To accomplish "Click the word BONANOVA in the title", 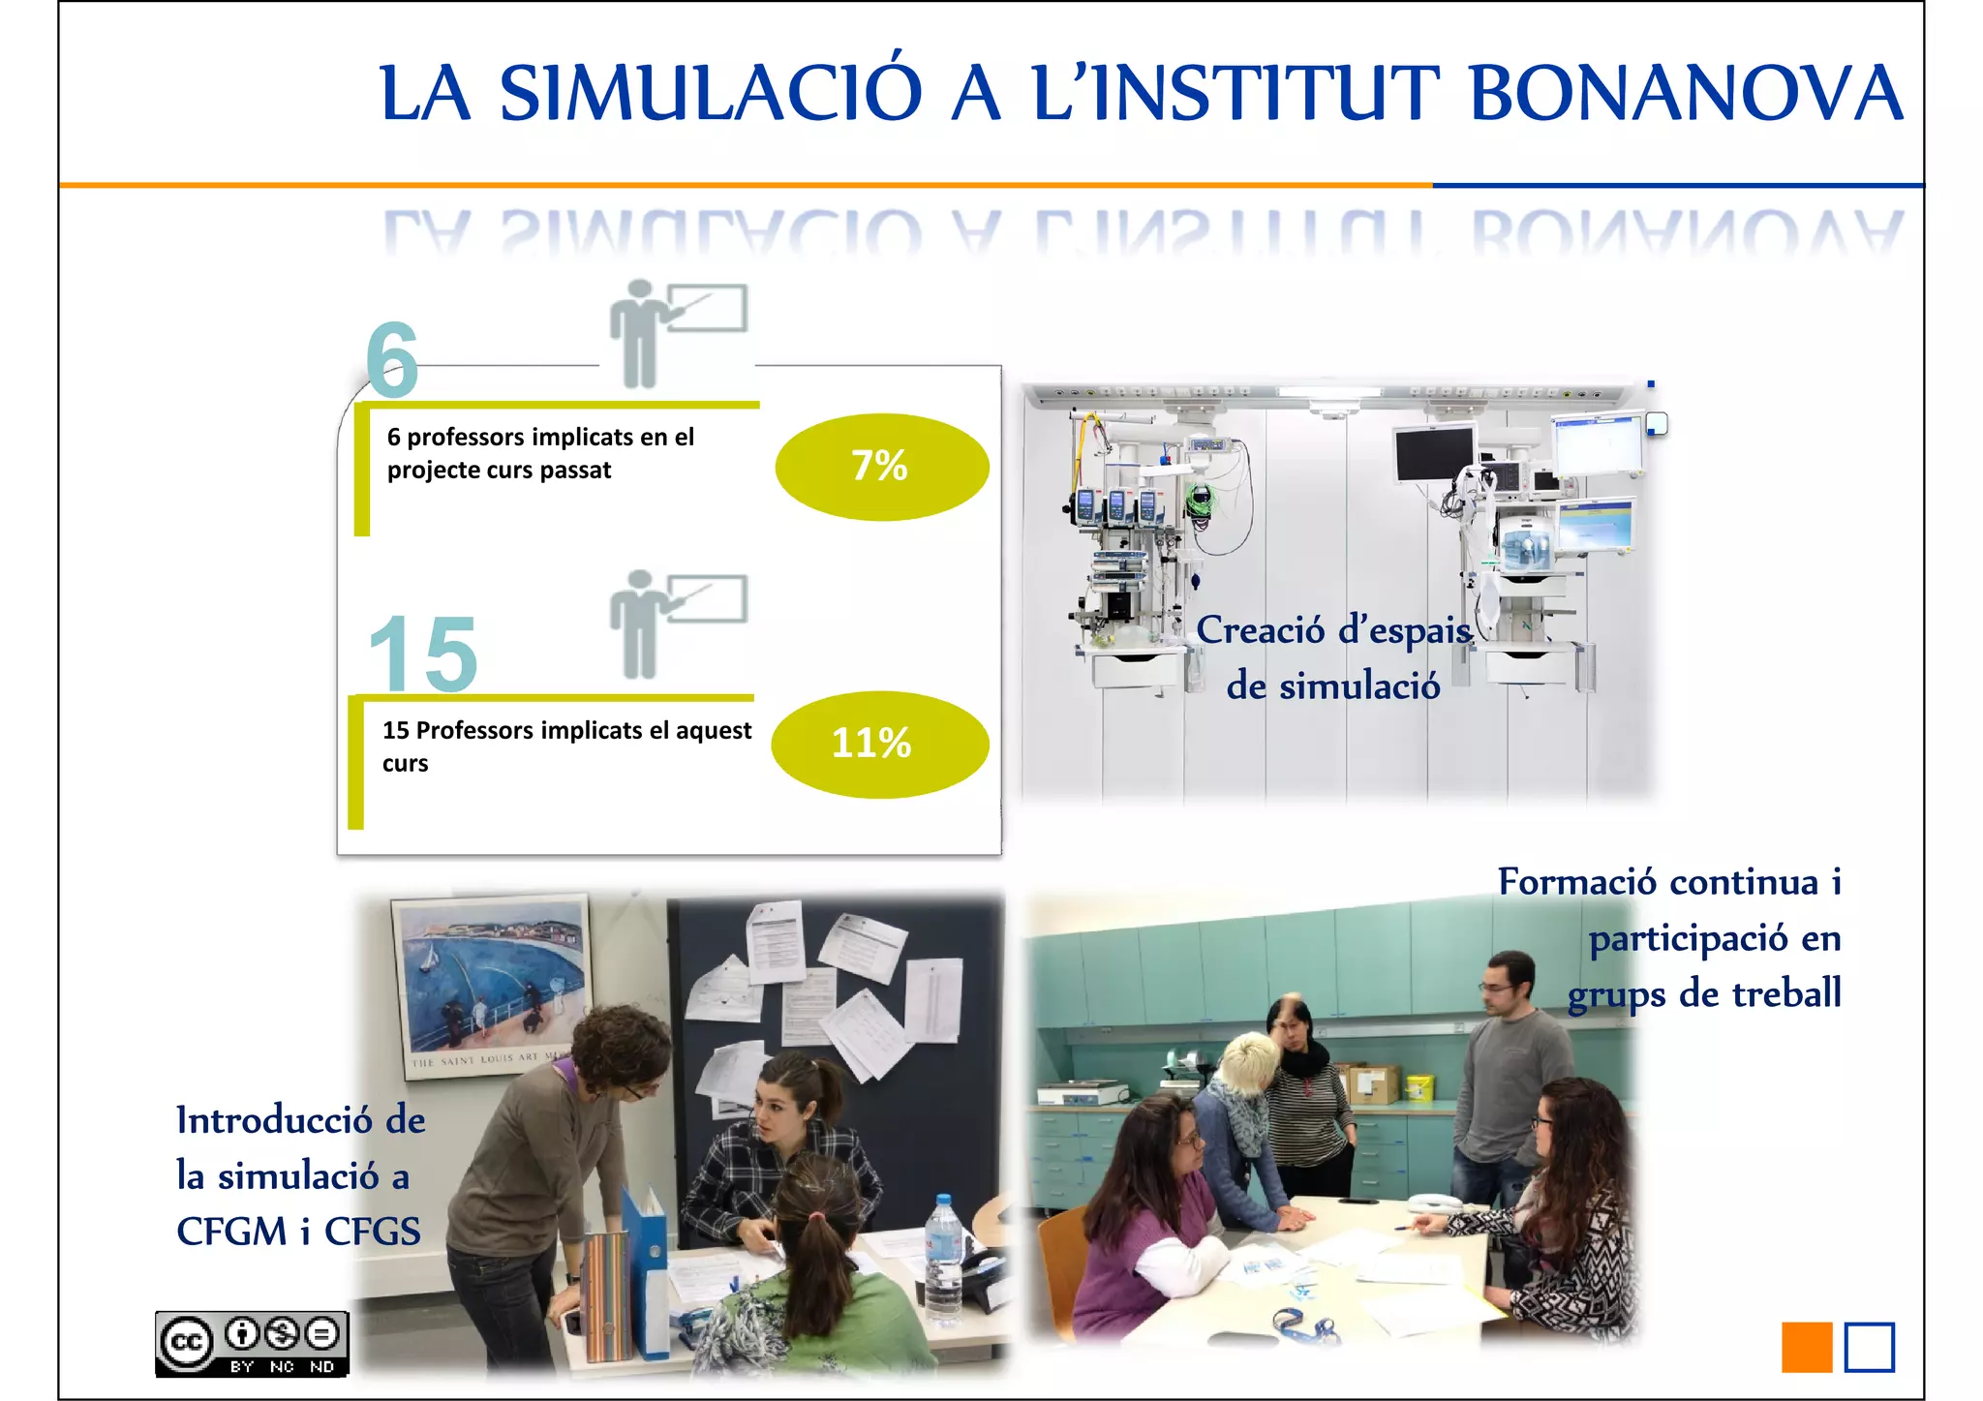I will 1686,94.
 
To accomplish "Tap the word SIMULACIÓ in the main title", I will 711,94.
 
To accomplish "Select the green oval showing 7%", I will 881,467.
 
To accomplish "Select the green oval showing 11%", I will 879,744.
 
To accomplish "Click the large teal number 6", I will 392,360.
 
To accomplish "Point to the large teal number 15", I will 424,655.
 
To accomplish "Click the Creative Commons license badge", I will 252,1343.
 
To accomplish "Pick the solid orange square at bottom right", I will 1806,1347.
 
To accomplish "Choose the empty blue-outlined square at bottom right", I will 1869,1347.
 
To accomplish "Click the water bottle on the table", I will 942,1259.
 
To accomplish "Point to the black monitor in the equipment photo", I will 1433,453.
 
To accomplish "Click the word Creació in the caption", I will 1260,630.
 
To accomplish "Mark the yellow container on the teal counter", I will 1419,1087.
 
